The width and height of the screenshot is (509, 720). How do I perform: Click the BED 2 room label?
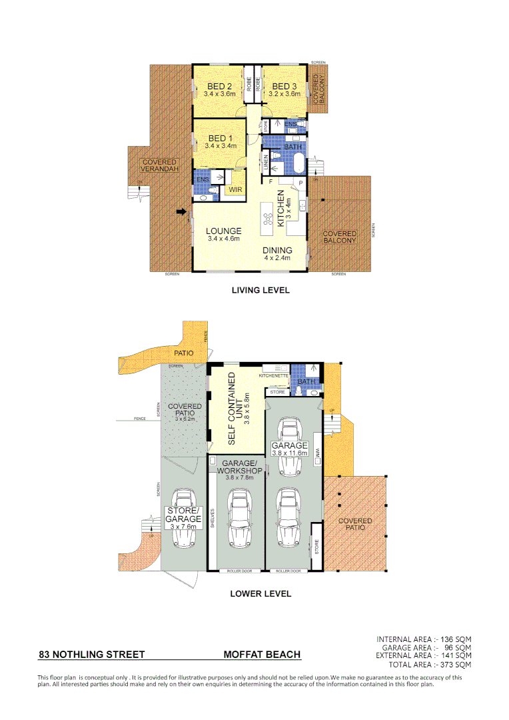pos(219,87)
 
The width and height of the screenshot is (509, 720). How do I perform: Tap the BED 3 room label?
pos(284,87)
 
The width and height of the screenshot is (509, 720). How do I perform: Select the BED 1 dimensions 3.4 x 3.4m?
pos(221,146)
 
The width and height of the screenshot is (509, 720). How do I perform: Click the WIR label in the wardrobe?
pos(235,190)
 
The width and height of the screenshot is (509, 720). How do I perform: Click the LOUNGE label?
pos(223,231)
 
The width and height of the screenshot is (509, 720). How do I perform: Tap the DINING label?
pos(278,251)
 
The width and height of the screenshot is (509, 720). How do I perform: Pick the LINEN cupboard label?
pos(266,162)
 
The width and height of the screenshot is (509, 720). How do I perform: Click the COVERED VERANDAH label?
pos(160,166)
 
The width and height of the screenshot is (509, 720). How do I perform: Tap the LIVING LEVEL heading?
pos(260,291)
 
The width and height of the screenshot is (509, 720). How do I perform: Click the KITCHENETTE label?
pos(273,376)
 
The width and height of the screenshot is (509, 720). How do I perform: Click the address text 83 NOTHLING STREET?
pos(92,655)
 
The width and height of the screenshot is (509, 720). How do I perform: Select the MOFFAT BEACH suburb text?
pos(262,655)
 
